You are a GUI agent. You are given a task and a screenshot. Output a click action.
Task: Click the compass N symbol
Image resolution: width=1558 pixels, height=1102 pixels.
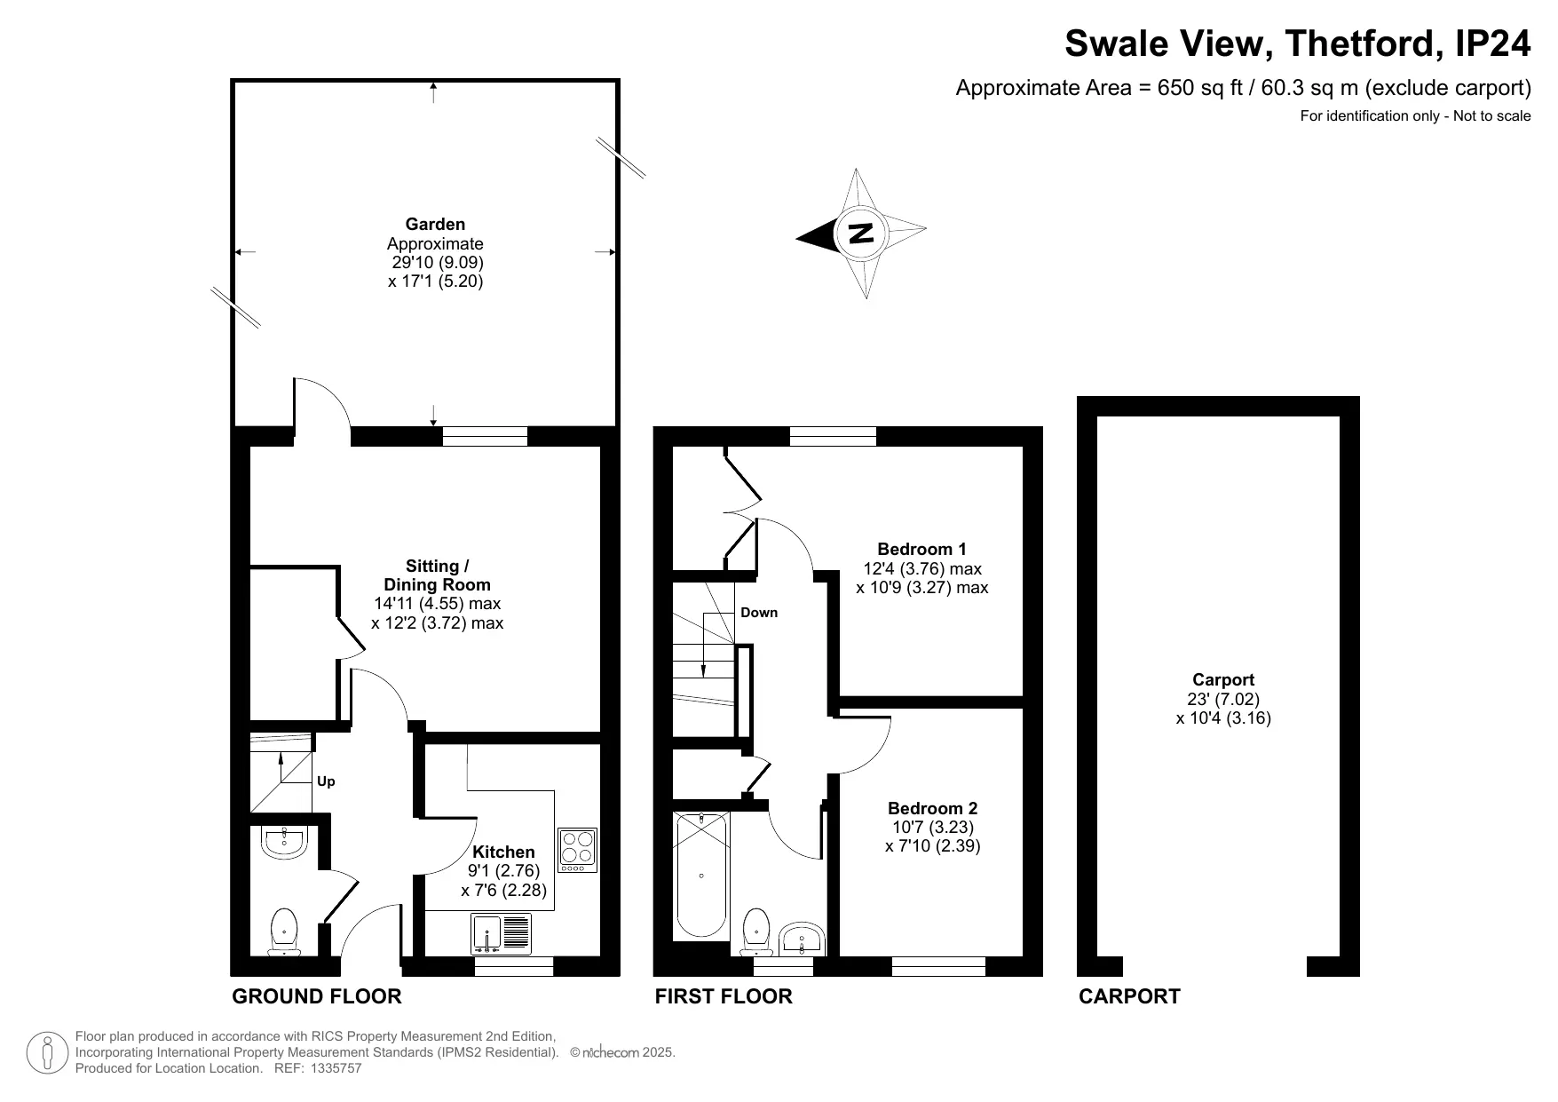[x=860, y=234]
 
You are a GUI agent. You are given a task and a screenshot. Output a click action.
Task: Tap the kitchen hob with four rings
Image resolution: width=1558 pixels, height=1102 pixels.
[x=577, y=850]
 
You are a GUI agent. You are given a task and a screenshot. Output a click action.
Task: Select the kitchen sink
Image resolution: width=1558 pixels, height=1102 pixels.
[x=501, y=934]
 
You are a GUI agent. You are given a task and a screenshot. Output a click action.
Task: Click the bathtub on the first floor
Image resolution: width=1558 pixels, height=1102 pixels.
[x=701, y=876]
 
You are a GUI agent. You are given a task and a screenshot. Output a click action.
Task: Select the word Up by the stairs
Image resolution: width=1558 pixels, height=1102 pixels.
[x=326, y=781]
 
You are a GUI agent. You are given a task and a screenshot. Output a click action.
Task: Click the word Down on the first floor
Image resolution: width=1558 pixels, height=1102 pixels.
[x=759, y=612]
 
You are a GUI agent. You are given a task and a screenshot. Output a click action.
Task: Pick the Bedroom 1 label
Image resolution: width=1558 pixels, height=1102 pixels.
[x=921, y=549]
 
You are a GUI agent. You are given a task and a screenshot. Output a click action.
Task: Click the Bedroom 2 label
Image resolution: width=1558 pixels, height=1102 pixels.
[x=932, y=808]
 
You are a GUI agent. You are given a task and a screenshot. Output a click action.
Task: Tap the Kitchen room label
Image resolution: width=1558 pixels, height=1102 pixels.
[x=503, y=852]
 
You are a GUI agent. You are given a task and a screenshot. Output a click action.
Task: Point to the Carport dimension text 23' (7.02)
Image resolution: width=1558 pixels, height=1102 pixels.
[x=1223, y=699]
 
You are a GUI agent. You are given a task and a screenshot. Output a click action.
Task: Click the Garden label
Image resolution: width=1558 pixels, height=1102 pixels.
[x=435, y=224]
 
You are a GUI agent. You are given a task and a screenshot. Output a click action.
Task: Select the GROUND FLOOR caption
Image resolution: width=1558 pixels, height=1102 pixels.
[x=317, y=996]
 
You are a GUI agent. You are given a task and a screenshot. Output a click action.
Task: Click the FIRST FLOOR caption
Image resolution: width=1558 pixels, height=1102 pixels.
[x=724, y=996]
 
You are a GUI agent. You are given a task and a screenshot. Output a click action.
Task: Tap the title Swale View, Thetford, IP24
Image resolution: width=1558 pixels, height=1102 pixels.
[x=1298, y=44]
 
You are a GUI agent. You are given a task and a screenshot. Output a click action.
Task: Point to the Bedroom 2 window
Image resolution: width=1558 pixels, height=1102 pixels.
[x=938, y=967]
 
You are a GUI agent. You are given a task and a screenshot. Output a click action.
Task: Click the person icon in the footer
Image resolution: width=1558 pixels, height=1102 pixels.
[x=47, y=1053]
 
